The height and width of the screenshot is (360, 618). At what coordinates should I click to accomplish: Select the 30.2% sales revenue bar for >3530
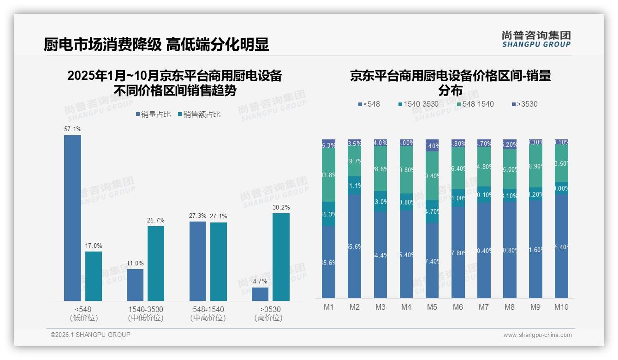pos(281,257)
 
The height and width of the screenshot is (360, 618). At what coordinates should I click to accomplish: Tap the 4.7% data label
pos(260,281)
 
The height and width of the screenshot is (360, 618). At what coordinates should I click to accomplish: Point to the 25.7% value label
pos(156,220)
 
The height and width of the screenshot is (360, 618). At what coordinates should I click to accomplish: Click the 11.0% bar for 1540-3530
pos(135,285)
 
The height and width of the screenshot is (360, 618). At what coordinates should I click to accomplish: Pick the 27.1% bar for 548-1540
pos(219,261)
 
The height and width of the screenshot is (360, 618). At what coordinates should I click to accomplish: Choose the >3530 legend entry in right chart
pos(524,104)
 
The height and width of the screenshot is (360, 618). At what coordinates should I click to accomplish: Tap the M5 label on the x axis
pos(432,307)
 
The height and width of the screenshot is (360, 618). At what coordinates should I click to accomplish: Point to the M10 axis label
pos(561,307)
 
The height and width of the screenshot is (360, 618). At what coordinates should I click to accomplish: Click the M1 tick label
pos(328,307)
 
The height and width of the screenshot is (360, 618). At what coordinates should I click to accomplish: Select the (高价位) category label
pos(268,318)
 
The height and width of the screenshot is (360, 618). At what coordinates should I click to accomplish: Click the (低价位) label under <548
pos(84,318)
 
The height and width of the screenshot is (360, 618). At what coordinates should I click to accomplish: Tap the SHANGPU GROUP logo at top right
pos(536,39)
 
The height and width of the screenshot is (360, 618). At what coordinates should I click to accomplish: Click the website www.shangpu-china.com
pos(537,335)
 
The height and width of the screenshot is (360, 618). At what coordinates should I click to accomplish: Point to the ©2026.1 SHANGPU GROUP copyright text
pos(90,335)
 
